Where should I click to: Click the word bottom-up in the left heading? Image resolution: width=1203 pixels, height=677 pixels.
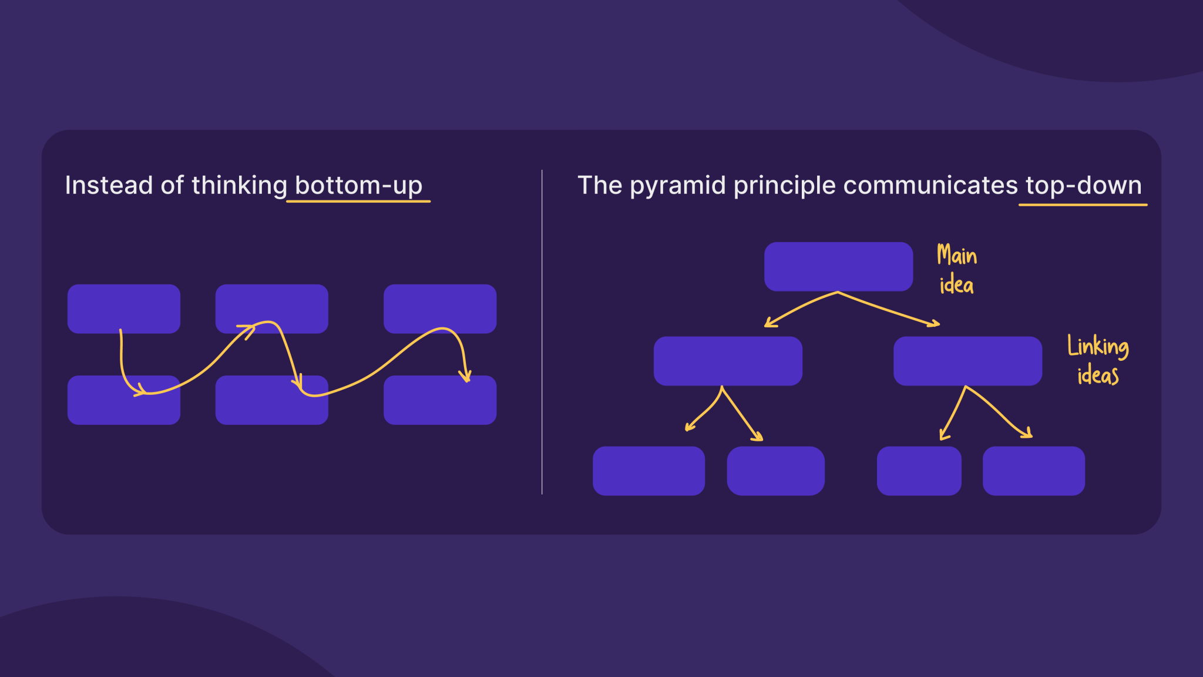358,186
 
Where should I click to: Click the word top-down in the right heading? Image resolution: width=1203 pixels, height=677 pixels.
1083,186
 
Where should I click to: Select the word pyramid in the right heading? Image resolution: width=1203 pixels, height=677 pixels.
677,186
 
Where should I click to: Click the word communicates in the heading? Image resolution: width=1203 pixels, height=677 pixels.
930,186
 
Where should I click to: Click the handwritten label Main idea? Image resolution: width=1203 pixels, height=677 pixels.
956,270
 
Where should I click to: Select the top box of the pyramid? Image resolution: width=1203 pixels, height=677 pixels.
838,266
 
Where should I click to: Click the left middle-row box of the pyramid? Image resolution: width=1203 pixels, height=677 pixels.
728,361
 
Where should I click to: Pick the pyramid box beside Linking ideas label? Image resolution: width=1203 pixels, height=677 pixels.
967,361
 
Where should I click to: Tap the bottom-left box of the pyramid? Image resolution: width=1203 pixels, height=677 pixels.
648,471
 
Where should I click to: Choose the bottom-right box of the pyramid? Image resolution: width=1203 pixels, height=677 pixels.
1033,471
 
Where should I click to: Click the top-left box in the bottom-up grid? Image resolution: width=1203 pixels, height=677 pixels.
123,309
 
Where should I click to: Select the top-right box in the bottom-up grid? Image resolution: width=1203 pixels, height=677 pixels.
440,309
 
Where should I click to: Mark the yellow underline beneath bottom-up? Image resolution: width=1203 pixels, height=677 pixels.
358,202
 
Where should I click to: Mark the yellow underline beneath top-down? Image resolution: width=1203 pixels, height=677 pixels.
1083,205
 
